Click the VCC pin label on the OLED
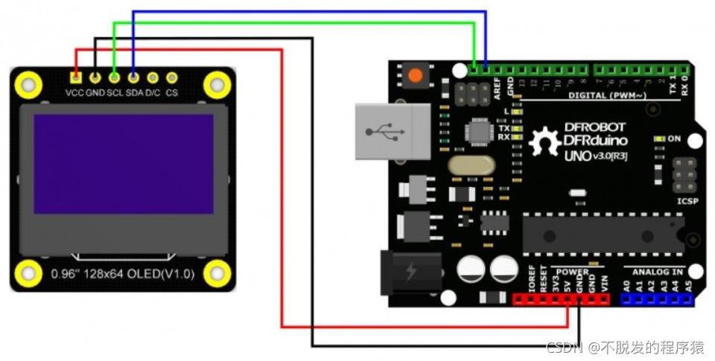(74, 93)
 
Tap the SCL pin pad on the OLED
(114, 76)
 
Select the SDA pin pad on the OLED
(133, 76)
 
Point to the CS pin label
(172, 93)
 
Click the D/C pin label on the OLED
(153, 93)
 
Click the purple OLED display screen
(124, 164)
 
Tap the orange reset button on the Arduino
(414, 75)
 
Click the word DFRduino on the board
(596, 140)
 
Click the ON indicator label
(674, 138)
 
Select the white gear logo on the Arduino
(545, 142)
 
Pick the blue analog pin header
(657, 299)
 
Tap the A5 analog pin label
(688, 285)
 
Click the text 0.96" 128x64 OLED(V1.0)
(123, 274)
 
